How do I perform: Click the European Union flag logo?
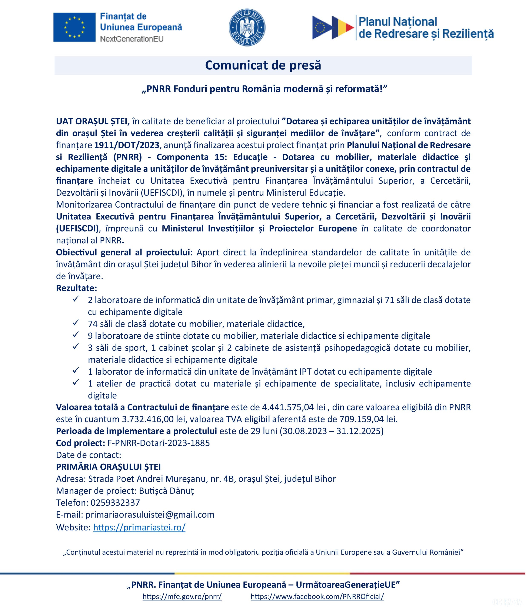pyautogui.click(x=74, y=27)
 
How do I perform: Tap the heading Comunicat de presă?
pyautogui.click(x=263, y=65)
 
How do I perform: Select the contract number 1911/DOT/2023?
pyautogui.click(x=127, y=145)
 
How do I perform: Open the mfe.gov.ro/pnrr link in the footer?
pyautogui.click(x=182, y=596)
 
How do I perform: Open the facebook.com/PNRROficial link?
pyautogui.click(x=317, y=596)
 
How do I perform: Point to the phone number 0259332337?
pyautogui.click(x=115, y=503)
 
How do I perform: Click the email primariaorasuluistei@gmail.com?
pyautogui.click(x=150, y=515)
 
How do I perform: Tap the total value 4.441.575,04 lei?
pyautogui.click(x=293, y=407)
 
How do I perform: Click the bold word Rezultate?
pyautogui.click(x=76, y=288)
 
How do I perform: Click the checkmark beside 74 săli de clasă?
pyautogui.click(x=76, y=323)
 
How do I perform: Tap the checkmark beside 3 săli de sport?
pyautogui.click(x=76, y=347)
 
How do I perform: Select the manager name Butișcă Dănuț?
pyautogui.click(x=166, y=491)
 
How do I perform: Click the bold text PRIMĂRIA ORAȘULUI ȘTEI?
pyautogui.click(x=108, y=467)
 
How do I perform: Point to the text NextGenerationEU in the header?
pyautogui.click(x=132, y=39)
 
